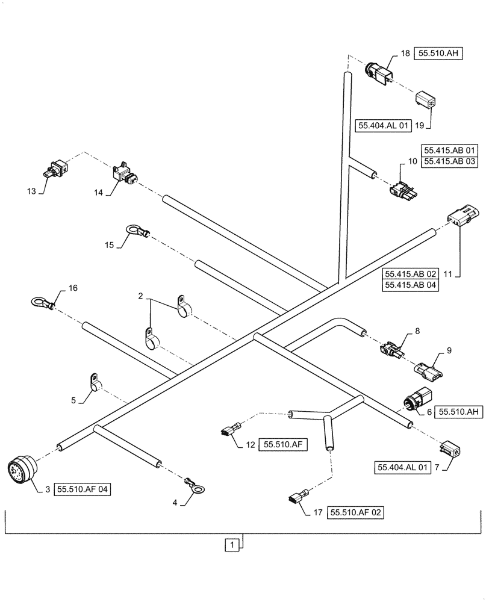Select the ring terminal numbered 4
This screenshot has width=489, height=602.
click(x=194, y=489)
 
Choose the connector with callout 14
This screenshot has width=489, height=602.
click(x=124, y=172)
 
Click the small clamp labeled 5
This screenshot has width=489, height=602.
click(x=93, y=382)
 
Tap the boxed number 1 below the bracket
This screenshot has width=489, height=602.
click(x=231, y=545)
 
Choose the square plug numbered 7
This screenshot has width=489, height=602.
click(x=452, y=449)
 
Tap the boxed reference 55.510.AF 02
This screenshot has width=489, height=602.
click(x=355, y=513)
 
